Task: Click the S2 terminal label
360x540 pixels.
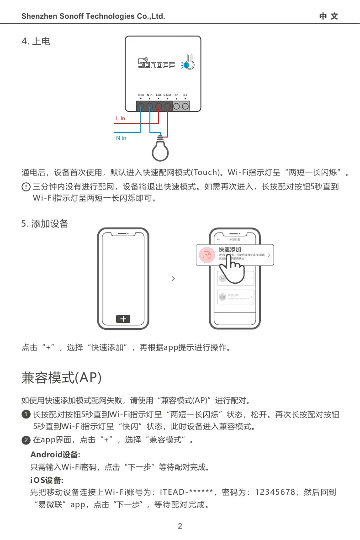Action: pos(185,95)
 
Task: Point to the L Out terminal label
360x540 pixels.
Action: pos(168,95)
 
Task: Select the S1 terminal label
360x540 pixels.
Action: pos(177,95)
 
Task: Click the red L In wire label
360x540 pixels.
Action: pos(120,118)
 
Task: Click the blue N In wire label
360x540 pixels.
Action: pos(121,138)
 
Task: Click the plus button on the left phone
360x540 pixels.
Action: pos(123,319)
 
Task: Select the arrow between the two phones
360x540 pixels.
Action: pos(173,278)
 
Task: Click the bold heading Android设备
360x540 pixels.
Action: pos(55,455)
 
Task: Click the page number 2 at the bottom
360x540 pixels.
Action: pos(180,526)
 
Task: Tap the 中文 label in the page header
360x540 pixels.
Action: pos(328,16)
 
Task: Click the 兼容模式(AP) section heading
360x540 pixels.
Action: pos(62,378)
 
